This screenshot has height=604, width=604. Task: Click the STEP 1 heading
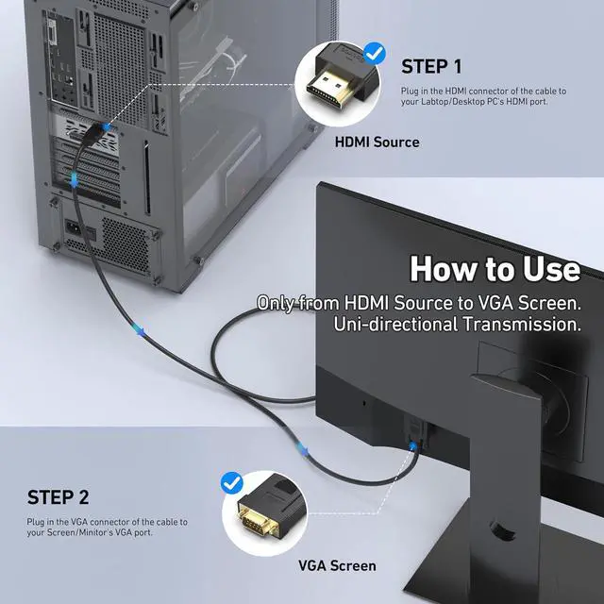(x=431, y=66)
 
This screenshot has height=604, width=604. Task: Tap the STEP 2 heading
(x=59, y=496)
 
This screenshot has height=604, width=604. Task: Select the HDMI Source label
(x=377, y=142)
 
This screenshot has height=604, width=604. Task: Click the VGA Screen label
(x=337, y=566)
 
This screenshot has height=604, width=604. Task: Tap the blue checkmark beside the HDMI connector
(x=376, y=53)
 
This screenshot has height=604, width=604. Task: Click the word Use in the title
(x=542, y=269)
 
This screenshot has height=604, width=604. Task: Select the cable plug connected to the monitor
(x=412, y=436)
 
